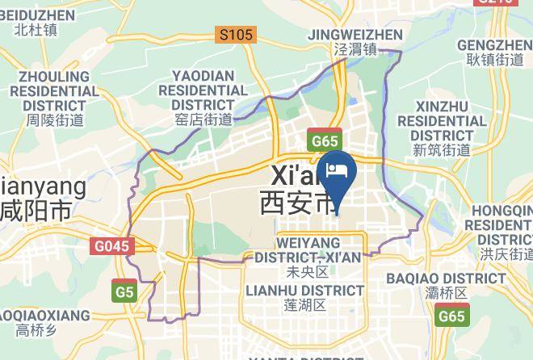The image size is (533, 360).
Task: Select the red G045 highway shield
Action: click(x=111, y=246)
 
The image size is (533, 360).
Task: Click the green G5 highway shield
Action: click(x=124, y=291)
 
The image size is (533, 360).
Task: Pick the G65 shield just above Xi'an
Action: click(x=325, y=141)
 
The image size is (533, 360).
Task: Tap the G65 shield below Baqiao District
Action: click(x=451, y=316)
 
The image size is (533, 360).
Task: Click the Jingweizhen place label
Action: click(x=355, y=35)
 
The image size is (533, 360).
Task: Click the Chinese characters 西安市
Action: click(x=297, y=203)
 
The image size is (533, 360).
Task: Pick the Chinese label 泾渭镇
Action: click(x=355, y=49)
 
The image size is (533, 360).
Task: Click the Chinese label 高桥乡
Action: click(x=36, y=329)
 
